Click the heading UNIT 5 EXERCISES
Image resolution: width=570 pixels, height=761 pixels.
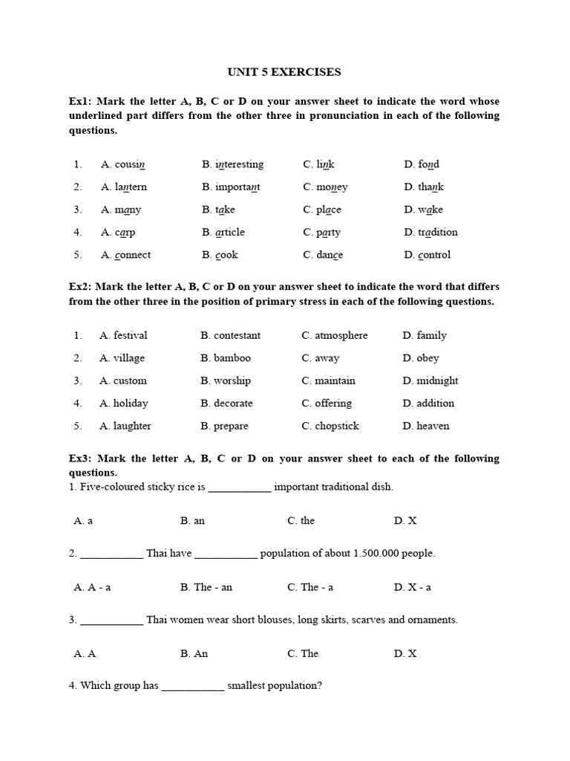coord(284,72)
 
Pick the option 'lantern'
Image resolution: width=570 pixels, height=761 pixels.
coord(131,187)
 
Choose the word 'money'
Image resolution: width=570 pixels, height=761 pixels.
coord(332,187)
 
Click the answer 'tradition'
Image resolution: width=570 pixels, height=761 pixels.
coord(438,232)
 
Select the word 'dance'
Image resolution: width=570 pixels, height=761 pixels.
coord(330,255)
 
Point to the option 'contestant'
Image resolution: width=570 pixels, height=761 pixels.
coord(237,335)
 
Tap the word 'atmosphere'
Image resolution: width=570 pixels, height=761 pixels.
coord(341,335)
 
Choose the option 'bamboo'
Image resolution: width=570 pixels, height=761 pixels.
coord(232,358)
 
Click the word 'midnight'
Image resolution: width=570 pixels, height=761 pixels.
coord(437,380)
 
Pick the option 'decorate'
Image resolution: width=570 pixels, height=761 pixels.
coord(233,404)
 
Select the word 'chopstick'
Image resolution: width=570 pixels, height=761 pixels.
coord(336,426)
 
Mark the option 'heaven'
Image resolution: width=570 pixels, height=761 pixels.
coord(433,426)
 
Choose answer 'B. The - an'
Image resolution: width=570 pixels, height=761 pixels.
coord(206,587)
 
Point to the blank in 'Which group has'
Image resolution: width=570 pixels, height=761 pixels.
coord(192,687)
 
